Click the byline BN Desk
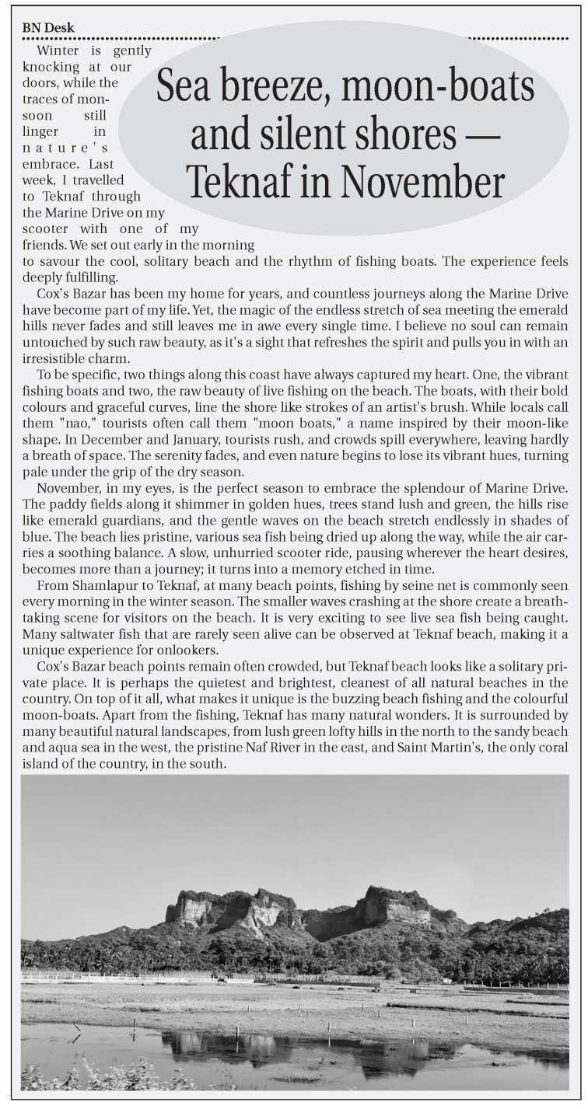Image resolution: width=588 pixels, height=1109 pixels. click(48, 28)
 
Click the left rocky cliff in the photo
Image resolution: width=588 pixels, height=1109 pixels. click(226, 909)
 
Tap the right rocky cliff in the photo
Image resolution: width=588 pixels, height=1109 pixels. click(393, 905)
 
